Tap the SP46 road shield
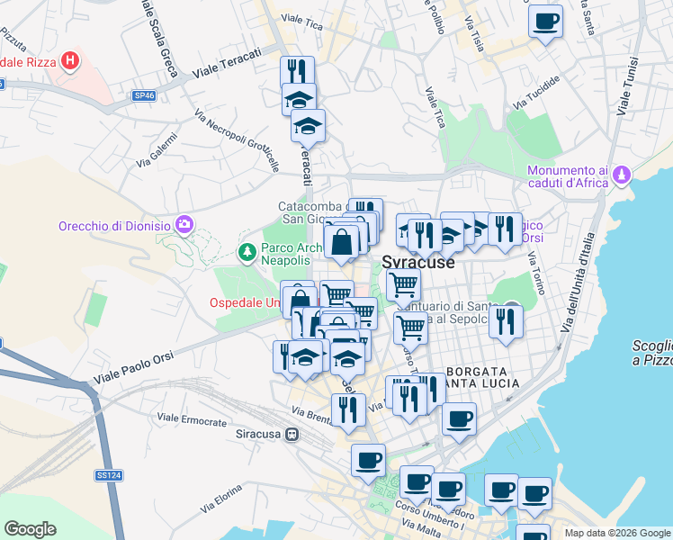(x=143, y=94)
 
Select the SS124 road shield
(x=108, y=474)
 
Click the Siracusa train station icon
(x=292, y=436)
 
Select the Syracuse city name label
(x=418, y=264)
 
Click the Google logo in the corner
(x=30, y=529)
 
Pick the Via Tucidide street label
(x=536, y=93)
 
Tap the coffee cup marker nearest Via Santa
(x=545, y=22)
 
